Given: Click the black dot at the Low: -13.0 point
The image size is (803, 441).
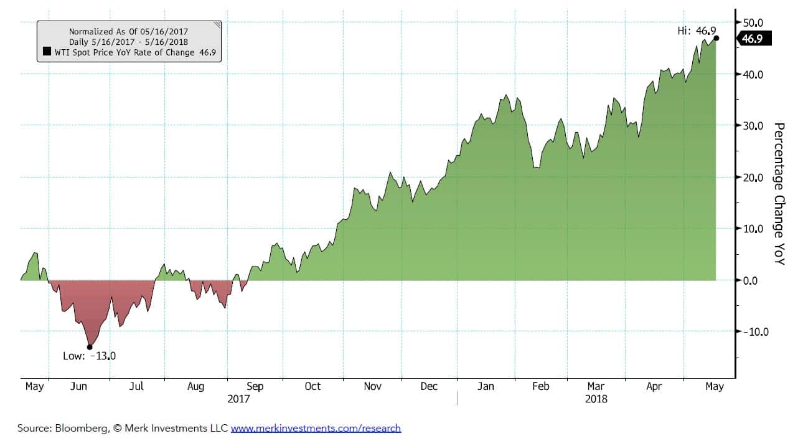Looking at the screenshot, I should click(90, 347).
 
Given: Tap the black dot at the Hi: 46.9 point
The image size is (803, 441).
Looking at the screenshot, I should click(716, 38).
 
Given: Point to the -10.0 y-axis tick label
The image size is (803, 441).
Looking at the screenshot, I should click(753, 331).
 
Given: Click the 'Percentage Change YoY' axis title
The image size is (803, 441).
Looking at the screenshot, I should click(779, 193).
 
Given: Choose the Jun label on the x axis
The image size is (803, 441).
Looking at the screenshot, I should click(78, 387).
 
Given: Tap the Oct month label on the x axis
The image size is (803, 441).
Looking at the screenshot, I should click(312, 387).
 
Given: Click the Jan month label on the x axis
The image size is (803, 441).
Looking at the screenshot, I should click(486, 387).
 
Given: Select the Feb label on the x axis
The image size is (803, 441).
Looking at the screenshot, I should click(540, 387).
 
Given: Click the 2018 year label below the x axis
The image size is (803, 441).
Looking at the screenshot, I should click(596, 399).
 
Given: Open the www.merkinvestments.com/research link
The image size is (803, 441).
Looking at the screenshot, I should click(316, 428).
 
